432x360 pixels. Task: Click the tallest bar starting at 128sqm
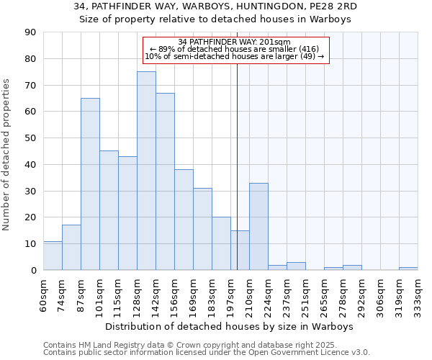pyautogui.click(x=146, y=171)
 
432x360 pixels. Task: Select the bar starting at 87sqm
pyautogui.click(x=90, y=184)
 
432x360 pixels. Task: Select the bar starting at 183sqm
pyautogui.click(x=221, y=243)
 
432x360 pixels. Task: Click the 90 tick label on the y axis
pyautogui.click(x=30, y=32)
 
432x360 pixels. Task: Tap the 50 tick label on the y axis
pyautogui.click(x=30, y=138)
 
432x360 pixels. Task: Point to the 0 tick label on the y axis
pyautogui.click(x=33, y=270)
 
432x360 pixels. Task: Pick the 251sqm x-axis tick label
pyautogui.click(x=305, y=295)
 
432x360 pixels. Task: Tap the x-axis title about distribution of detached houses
pyautogui.click(x=229, y=326)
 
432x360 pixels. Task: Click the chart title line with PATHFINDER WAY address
pyautogui.click(x=216, y=6)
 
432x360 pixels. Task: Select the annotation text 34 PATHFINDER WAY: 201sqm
pyautogui.click(x=234, y=42)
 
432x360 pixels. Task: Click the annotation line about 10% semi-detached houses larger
pyautogui.click(x=235, y=56)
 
